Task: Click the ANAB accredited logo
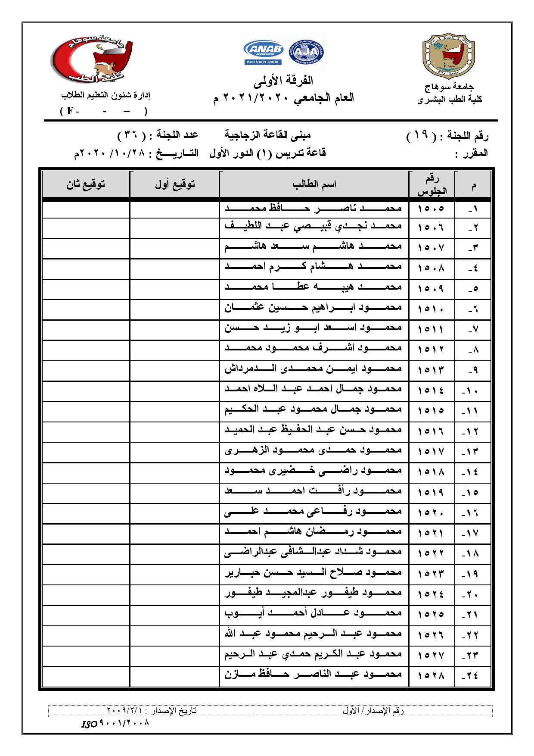[x=263, y=53]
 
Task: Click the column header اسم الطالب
[x=314, y=185]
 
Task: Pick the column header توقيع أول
[x=175, y=185]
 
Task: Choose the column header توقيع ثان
[x=86, y=185]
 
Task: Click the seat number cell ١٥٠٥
[x=431, y=209]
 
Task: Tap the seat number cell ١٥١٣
[x=431, y=370]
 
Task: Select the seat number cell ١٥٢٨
[x=431, y=674]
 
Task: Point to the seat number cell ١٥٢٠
[x=431, y=512]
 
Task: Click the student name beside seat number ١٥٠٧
[x=313, y=247]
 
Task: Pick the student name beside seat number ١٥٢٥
[x=313, y=613]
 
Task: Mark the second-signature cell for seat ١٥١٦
[x=86, y=430]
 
